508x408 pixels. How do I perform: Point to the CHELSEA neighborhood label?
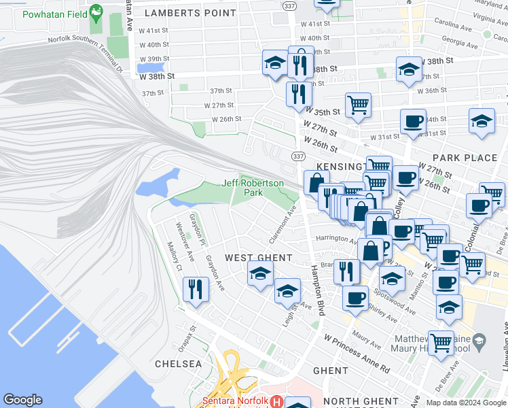point(179,364)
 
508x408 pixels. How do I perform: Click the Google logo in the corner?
point(22,400)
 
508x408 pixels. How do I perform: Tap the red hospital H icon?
point(276,401)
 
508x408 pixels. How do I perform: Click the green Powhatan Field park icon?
point(96,12)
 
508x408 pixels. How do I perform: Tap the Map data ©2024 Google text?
point(466,403)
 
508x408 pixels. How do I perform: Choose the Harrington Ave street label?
point(336,239)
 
